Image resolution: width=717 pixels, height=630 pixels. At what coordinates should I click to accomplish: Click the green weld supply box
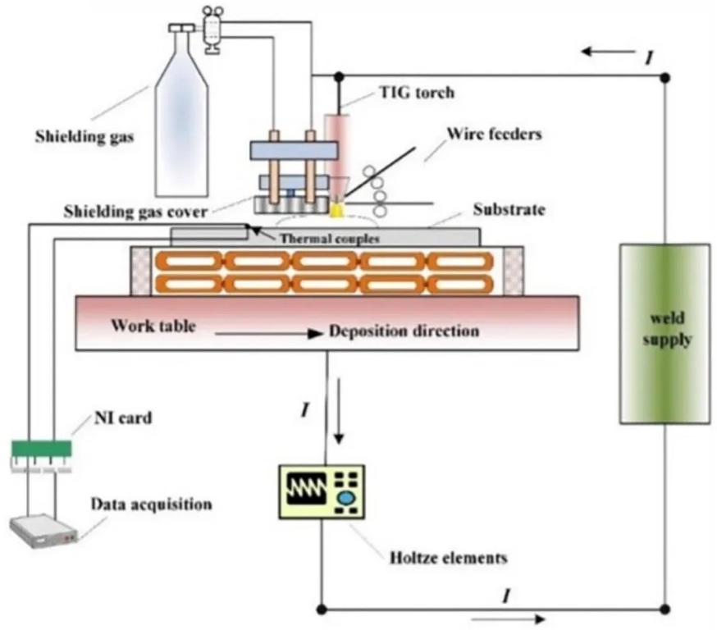(x=664, y=334)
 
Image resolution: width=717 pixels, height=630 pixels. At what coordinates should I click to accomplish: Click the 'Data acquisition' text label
(x=151, y=503)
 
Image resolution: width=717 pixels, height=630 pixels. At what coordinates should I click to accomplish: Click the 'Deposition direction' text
(x=404, y=332)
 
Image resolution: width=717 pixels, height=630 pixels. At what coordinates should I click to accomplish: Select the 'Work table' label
(x=153, y=325)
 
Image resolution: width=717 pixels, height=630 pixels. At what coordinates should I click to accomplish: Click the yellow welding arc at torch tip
(x=336, y=210)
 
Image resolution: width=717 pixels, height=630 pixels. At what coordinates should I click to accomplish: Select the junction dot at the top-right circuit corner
(x=664, y=77)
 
